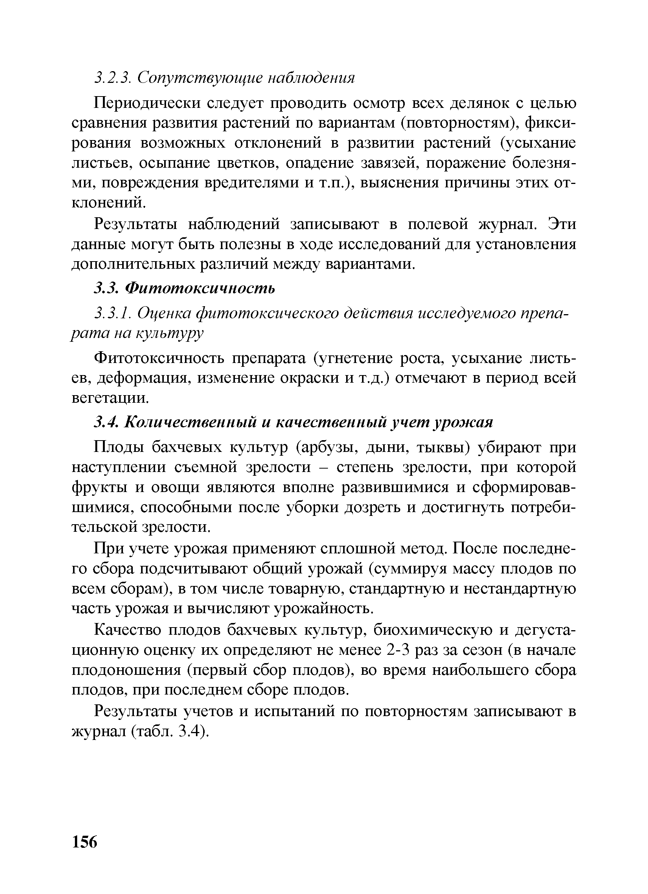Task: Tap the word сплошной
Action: click(x=357, y=548)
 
